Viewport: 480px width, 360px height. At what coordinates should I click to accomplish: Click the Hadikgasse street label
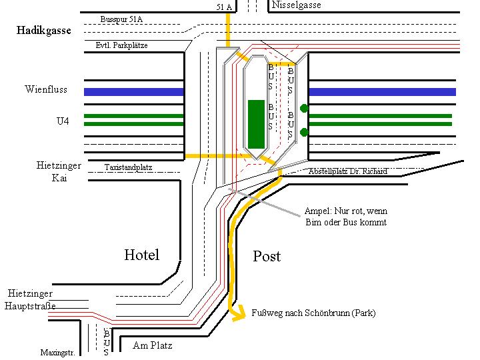(x=45, y=31)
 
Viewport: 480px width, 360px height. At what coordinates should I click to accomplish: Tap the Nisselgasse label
(x=297, y=5)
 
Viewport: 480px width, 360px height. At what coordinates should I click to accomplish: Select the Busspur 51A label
(x=121, y=19)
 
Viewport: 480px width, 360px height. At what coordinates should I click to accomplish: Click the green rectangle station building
(x=256, y=123)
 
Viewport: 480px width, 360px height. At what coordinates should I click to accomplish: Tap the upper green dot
(x=304, y=108)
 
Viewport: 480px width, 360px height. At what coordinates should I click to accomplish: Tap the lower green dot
(x=304, y=131)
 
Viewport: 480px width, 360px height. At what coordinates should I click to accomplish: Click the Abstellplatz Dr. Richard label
(x=347, y=171)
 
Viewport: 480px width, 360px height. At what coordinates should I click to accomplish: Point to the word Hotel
(x=142, y=255)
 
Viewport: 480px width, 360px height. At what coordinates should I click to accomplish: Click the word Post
(x=267, y=256)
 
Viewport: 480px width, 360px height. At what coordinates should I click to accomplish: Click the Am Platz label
(x=153, y=345)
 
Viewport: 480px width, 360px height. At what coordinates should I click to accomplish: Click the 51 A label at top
(x=225, y=7)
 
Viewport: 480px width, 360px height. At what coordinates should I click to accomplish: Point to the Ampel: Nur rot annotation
(x=345, y=216)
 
